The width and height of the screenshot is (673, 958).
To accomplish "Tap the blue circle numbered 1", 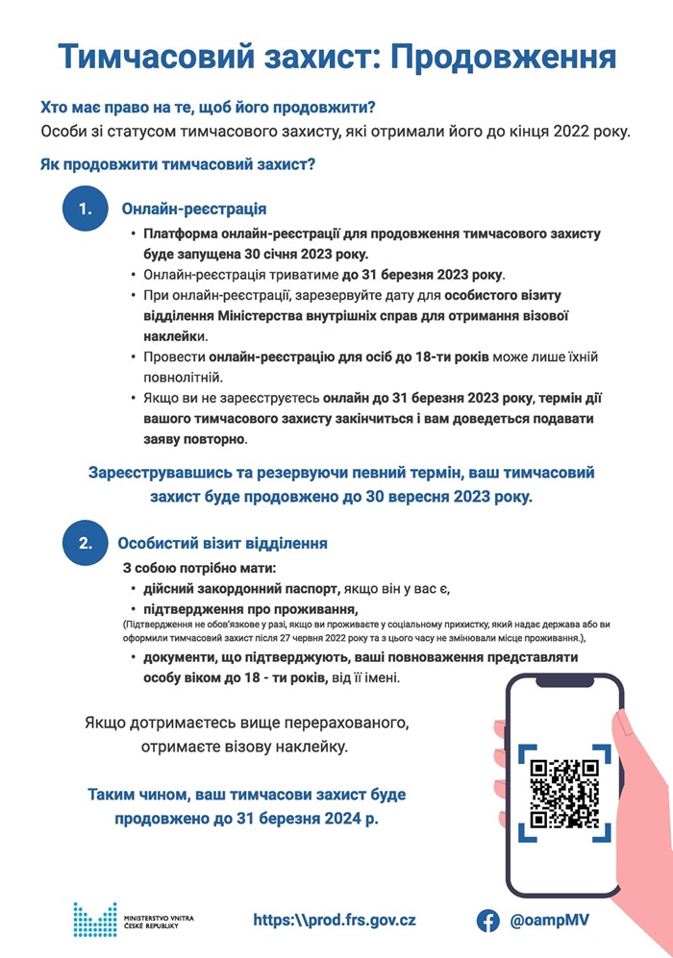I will pyautogui.click(x=87, y=209).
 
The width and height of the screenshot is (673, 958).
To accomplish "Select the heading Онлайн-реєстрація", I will pyautogui.click(x=193, y=209).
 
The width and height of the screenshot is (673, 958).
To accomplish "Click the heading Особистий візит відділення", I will pyautogui.click(x=222, y=543).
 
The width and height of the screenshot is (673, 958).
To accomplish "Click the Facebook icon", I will pyautogui.click(x=488, y=920).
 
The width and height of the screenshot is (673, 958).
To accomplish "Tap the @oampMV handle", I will pyautogui.click(x=550, y=920).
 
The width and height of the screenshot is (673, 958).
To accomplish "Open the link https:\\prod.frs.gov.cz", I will pyautogui.click(x=335, y=920).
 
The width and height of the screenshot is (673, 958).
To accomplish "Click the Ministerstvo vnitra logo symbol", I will pyautogui.click(x=94, y=920).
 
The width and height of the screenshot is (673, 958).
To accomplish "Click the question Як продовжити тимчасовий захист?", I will pyautogui.click(x=178, y=164).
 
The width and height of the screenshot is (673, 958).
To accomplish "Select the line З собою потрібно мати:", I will pyautogui.click(x=199, y=568).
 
